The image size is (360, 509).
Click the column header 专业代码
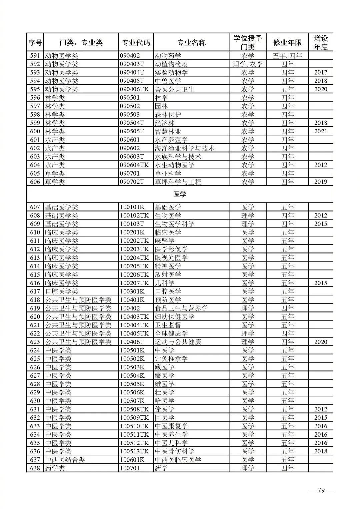point(136,42)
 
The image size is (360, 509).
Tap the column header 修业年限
point(287,42)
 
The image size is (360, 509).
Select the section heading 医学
point(180,194)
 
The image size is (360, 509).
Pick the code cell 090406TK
point(134,89)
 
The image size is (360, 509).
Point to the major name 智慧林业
point(168,131)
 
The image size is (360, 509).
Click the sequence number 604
point(35,165)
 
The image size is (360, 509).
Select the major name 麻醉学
point(165,241)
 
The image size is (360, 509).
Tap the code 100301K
point(132,291)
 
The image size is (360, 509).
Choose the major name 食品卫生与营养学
point(181,308)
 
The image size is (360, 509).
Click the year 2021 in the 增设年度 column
point(321,131)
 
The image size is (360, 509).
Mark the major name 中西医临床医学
point(178,460)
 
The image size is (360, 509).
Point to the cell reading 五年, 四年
point(287,56)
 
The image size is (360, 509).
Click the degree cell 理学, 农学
point(248,64)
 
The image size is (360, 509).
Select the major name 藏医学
point(165,367)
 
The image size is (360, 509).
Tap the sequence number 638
point(35,468)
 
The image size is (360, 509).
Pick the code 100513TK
point(134,451)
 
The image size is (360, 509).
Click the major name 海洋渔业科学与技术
point(184,148)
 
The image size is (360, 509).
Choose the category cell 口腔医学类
point(61,291)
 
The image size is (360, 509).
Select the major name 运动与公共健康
point(178,342)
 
